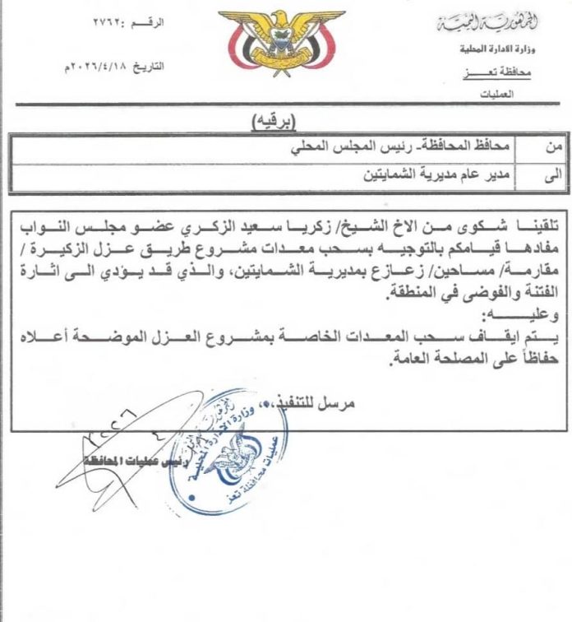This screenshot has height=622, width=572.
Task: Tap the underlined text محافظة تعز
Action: [x=506, y=72]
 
